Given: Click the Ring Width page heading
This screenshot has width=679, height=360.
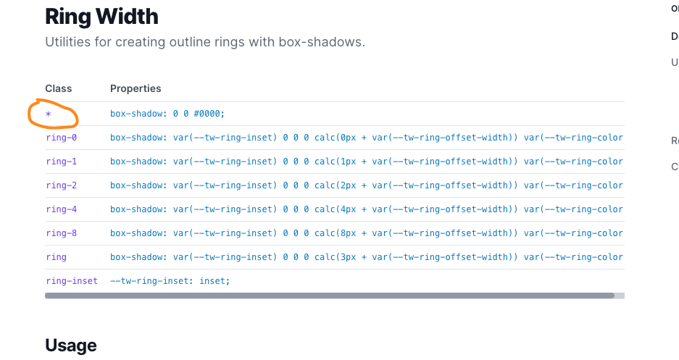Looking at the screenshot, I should pos(101,16).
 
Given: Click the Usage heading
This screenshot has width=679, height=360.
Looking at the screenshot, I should pos(70,346).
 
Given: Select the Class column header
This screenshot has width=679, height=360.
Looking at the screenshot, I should pos(59,88).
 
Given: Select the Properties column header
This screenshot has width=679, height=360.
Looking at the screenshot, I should pos(136,88).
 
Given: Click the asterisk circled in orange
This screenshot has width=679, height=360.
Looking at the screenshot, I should pos(49,114).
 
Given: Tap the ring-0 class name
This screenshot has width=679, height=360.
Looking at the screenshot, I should pos(61,138).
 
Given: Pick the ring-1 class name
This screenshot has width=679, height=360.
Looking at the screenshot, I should pos(61,162).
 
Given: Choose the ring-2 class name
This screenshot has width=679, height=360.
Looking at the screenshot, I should pos(61,185).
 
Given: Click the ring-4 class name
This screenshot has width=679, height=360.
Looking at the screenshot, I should pos(61,209).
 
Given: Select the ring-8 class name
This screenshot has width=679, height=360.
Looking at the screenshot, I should pos(61,233).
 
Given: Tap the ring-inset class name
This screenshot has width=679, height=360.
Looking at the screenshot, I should pos(71,281).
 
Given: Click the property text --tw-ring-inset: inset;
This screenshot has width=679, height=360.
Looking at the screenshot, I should pos(170,281).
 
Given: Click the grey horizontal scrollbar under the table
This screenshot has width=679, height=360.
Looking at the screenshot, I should pos(329,296).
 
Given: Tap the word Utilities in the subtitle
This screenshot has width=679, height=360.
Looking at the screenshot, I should pos(67,42).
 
